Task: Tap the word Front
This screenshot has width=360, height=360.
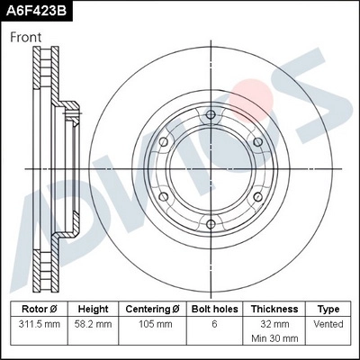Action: click(26, 38)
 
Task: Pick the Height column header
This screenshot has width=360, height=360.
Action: click(93, 309)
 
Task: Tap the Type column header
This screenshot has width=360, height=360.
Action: click(328, 309)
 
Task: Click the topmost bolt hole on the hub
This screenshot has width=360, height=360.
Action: click(210, 114)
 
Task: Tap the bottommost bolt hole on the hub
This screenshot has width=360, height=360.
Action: click(210, 223)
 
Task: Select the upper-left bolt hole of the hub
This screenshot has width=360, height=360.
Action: click(163, 141)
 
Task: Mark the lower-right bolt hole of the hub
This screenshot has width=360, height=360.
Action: click(256, 196)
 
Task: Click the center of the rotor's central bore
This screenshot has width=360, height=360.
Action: click(210, 168)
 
